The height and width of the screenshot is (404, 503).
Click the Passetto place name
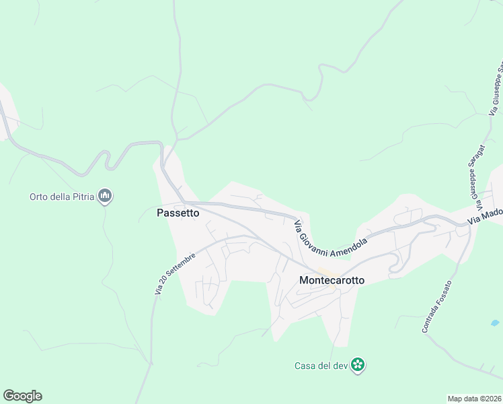click(x=178, y=213)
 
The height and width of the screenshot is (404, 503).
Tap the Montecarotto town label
click(x=332, y=280)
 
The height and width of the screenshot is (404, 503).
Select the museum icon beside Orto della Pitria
click(x=105, y=197)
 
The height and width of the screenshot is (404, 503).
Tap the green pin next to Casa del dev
click(x=358, y=365)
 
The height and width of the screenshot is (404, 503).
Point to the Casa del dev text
click(x=321, y=366)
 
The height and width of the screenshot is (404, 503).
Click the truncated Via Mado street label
click(x=486, y=215)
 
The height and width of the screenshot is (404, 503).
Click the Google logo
click(x=22, y=396)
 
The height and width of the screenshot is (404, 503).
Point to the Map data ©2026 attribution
click(x=475, y=399)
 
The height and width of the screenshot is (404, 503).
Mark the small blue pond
click(x=495, y=323)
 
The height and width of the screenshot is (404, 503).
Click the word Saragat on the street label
click(x=474, y=178)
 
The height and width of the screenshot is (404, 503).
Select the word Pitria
click(x=83, y=197)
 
